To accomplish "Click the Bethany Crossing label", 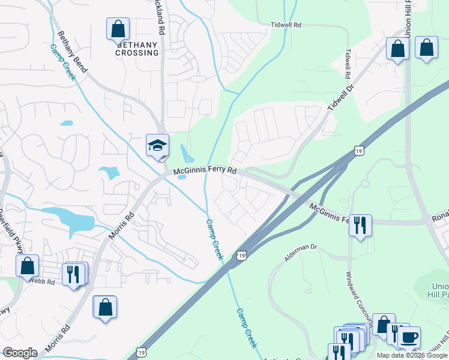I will [x=138, y=49].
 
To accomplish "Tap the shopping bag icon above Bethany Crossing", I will [x=118, y=29].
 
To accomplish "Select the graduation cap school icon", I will [x=157, y=145].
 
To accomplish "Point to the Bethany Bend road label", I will [x=72, y=52].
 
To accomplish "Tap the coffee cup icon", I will [x=409, y=337].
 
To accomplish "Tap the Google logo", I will [x=20, y=353].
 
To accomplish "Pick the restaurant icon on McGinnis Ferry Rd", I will [x=360, y=225].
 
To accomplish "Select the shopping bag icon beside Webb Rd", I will [x=27, y=266].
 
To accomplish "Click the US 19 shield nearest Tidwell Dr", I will [x=358, y=148].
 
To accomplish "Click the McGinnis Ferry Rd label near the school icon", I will [x=206, y=172].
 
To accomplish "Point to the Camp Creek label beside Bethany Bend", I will [x=63, y=62].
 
